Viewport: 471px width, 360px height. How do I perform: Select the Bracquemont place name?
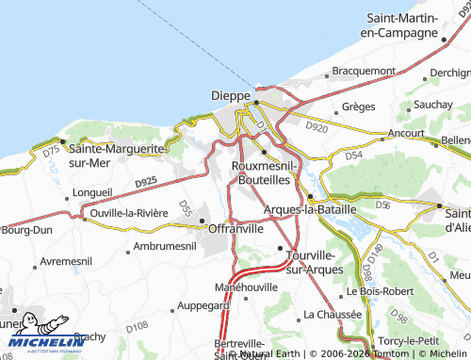[x=363, y=70]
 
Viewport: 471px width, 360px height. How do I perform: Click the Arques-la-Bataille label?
[x=311, y=208]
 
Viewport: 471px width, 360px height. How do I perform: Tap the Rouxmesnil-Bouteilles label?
[x=265, y=172]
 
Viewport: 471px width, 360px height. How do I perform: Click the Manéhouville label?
[x=247, y=286]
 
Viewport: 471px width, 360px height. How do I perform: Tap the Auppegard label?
[x=203, y=305]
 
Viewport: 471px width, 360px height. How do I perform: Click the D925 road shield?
[x=145, y=183]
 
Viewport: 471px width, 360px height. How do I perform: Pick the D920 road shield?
[x=317, y=126]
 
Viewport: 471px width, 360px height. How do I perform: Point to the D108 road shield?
[x=137, y=326]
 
